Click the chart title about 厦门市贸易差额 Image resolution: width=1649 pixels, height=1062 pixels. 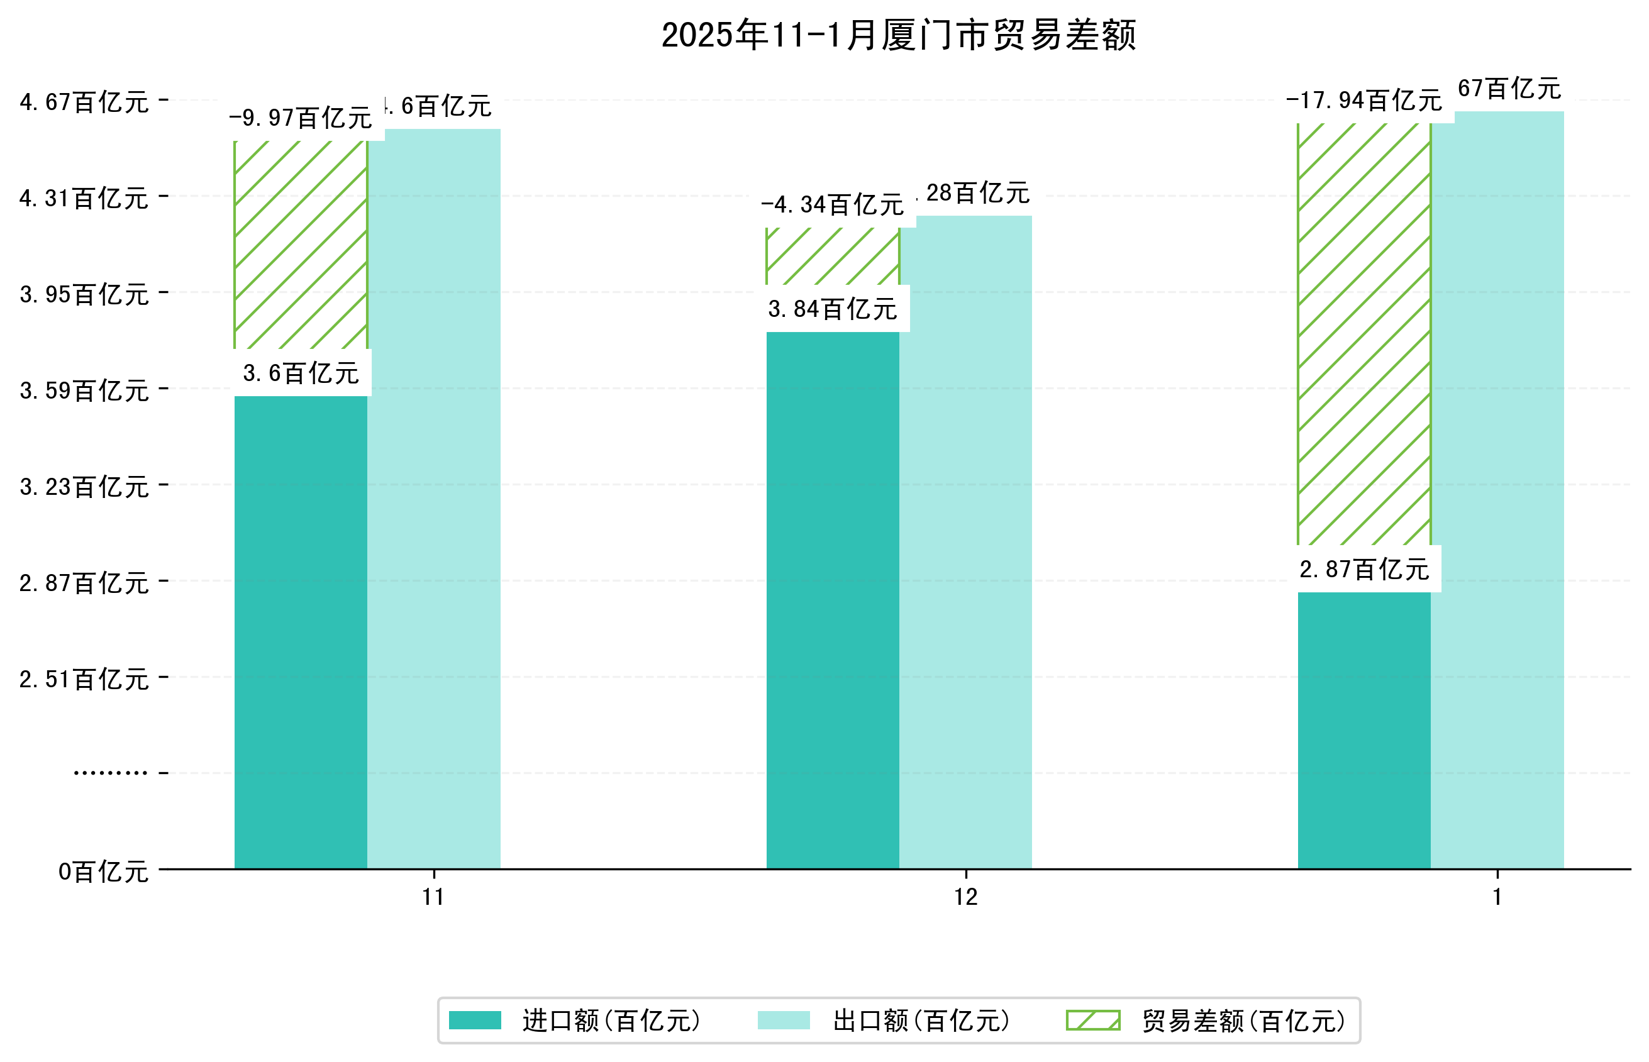click(x=898, y=36)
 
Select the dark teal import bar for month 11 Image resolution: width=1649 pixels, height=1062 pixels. click(x=301, y=631)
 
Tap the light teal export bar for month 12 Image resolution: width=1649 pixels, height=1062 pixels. click(x=965, y=541)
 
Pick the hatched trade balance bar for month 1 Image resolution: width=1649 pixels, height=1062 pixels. click(x=1363, y=334)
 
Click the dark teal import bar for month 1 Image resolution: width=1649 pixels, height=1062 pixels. click(x=1363, y=729)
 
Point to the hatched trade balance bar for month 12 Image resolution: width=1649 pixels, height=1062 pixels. click(x=833, y=256)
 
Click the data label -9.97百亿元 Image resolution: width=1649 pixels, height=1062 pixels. click(x=301, y=118)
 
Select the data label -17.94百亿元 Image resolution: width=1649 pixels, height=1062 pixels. click(x=1363, y=101)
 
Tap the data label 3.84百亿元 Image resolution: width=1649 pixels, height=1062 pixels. click(x=833, y=309)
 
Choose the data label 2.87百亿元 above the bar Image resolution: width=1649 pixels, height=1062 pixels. click(x=1363, y=569)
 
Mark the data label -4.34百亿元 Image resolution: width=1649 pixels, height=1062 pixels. click(x=833, y=204)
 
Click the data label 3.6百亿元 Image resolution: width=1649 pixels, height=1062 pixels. click(x=301, y=373)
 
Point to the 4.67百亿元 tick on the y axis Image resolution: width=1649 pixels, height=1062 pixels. click(x=84, y=102)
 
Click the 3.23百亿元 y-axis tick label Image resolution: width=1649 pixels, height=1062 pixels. click(x=84, y=487)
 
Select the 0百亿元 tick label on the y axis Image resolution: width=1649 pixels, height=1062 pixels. click(x=103, y=871)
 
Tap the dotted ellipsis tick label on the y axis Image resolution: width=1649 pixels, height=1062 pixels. click(x=110, y=772)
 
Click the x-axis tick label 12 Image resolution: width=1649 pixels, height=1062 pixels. click(x=965, y=897)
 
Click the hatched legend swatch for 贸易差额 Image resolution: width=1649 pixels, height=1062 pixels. click(x=1092, y=1020)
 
